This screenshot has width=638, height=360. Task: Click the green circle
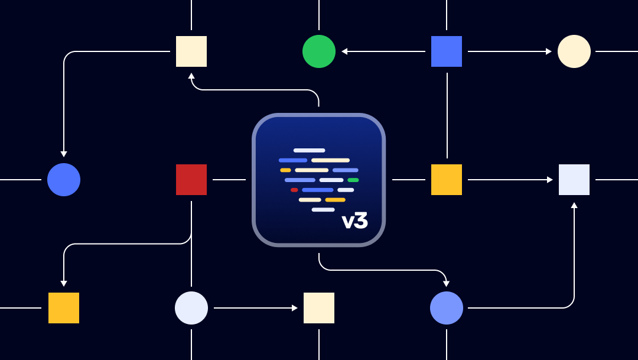point(319,51)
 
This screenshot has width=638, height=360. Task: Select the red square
point(191,180)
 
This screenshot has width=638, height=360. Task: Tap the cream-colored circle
point(574,51)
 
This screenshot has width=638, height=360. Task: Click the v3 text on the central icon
point(354,221)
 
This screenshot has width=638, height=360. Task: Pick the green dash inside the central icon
point(353,180)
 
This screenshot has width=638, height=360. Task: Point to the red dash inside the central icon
point(294,190)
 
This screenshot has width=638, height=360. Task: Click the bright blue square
point(447,51)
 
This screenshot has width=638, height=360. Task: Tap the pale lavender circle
point(191,308)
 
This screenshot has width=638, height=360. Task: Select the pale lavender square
point(574,180)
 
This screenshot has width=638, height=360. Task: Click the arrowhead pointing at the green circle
point(344,51)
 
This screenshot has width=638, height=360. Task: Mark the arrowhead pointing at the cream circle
point(549,51)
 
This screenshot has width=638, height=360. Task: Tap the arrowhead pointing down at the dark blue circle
point(64,154)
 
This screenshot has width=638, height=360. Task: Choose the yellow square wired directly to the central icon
point(447,180)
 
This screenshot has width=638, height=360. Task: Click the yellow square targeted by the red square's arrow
point(64,308)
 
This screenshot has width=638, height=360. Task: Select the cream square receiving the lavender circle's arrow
point(319,308)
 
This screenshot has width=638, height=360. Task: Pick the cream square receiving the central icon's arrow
point(191,51)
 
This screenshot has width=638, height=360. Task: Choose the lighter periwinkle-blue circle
point(447,308)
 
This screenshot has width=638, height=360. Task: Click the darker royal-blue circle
point(64,180)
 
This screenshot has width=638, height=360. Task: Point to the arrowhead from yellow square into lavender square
point(549,180)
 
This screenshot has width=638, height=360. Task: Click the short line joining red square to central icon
point(229,180)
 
